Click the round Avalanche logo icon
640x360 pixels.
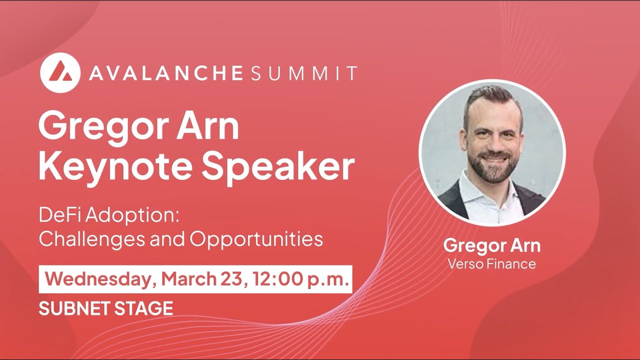60,72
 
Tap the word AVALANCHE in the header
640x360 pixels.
165,73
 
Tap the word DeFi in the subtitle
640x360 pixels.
56,216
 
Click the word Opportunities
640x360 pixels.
256,239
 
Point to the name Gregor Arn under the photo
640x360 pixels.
491,246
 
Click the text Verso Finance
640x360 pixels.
491,263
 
